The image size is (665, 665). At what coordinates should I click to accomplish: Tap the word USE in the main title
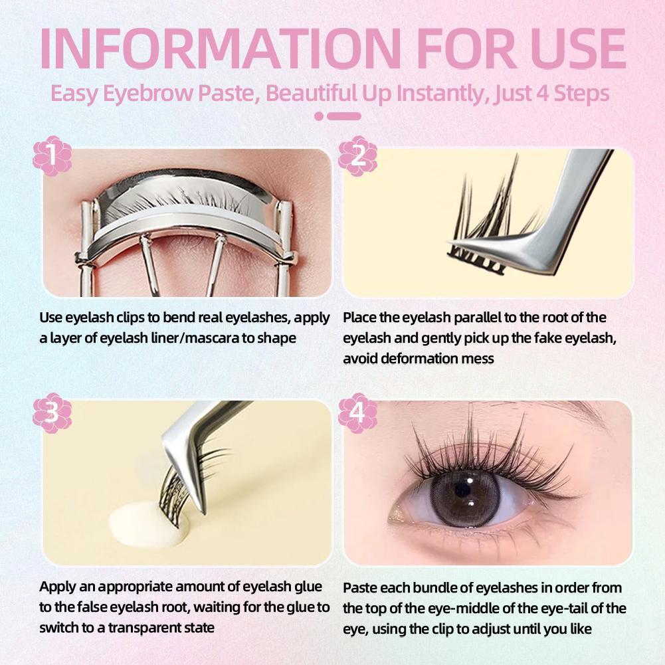tap(577, 48)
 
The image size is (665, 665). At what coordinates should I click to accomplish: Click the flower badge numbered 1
tap(52, 155)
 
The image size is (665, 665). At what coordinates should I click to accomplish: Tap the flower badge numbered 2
tap(357, 155)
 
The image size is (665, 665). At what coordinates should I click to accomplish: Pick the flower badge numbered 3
tap(52, 413)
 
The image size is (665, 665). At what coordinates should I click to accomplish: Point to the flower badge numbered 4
tap(357, 413)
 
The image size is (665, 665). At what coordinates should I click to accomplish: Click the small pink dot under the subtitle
tap(319, 116)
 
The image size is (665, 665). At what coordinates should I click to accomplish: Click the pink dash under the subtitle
tap(344, 116)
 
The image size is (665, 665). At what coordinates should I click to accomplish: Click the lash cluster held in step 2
tap(493, 221)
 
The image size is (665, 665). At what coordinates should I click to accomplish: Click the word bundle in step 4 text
tap(434, 588)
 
